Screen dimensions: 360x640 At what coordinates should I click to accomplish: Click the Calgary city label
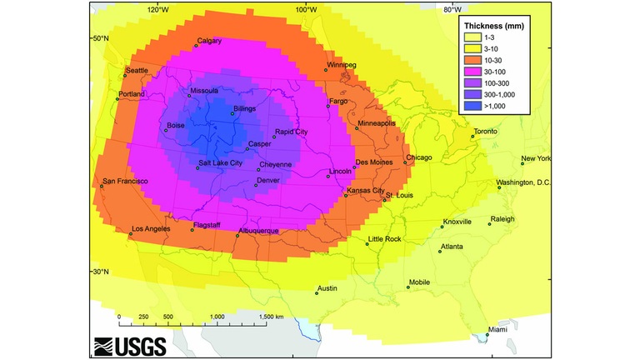tap(209, 41)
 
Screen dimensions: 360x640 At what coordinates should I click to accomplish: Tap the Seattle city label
tap(136, 70)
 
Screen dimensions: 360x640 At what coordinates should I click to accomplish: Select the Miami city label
tap(497, 329)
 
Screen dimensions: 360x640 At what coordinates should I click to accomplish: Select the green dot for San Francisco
tap(102, 187)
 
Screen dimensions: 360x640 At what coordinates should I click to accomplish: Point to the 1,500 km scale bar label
tap(271, 317)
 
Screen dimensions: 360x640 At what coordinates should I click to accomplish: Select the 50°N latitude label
tap(100, 38)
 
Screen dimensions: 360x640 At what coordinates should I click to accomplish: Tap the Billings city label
tap(244, 108)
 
